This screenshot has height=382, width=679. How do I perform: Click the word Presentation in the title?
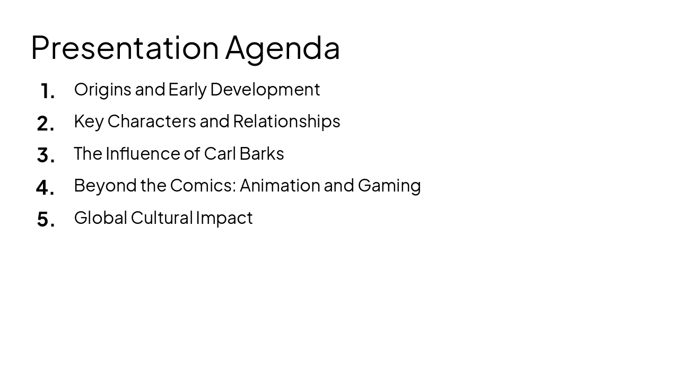[x=125, y=48]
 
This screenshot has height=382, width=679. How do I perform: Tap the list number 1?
[x=47, y=92]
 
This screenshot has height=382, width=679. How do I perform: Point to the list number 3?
[x=46, y=156]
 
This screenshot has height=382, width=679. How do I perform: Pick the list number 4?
[x=45, y=188]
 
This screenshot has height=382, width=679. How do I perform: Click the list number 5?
[x=46, y=220]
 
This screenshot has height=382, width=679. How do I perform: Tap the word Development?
[x=265, y=90]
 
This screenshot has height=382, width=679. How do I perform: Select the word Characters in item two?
[x=152, y=121]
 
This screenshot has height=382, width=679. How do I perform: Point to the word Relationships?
[x=286, y=121]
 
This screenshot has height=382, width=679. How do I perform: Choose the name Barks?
[x=262, y=153]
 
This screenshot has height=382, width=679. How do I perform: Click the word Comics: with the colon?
[x=203, y=186]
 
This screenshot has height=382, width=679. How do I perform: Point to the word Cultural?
[x=162, y=218]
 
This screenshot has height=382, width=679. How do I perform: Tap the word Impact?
[x=224, y=218]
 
